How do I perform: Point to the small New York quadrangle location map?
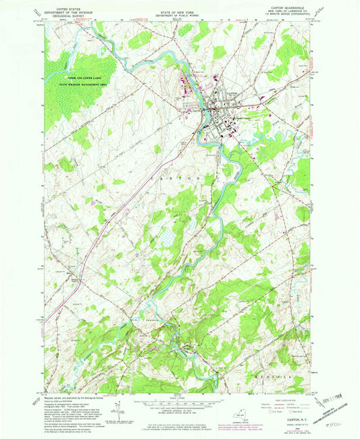241,414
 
